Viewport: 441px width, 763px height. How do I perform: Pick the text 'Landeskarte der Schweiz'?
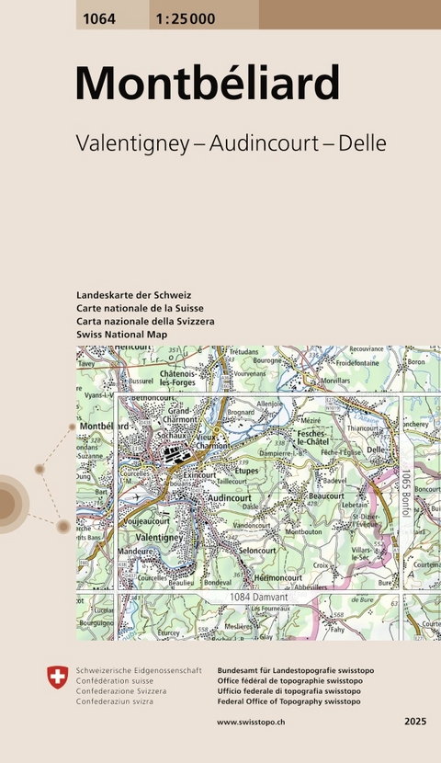pos(134,295)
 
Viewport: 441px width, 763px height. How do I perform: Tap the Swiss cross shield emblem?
pos(58,678)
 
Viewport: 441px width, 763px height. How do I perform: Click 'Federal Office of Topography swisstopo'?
pos(288,700)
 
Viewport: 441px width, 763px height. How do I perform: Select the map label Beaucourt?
pos(326,494)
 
